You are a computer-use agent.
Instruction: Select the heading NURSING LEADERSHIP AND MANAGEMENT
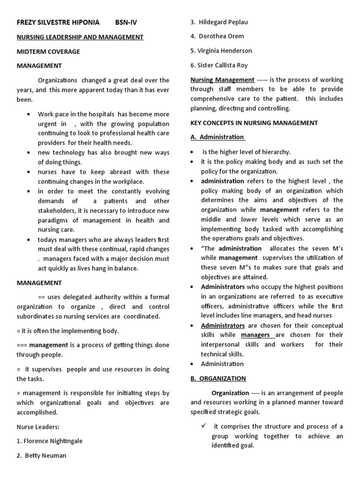click(x=80, y=37)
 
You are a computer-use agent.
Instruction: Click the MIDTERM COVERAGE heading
click(x=48, y=52)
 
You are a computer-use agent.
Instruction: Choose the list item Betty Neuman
click(x=42, y=455)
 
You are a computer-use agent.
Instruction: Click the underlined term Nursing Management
click(x=222, y=80)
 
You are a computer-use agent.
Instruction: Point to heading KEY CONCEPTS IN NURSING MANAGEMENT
click(x=254, y=123)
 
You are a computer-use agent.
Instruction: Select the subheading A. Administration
click(x=217, y=137)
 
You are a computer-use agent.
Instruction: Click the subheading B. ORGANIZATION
click(x=218, y=378)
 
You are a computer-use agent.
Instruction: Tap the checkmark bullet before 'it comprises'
click(x=203, y=426)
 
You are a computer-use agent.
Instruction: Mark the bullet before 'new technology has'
click(x=29, y=153)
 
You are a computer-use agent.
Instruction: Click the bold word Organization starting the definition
click(x=230, y=393)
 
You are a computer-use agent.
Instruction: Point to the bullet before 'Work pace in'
click(x=29, y=114)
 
